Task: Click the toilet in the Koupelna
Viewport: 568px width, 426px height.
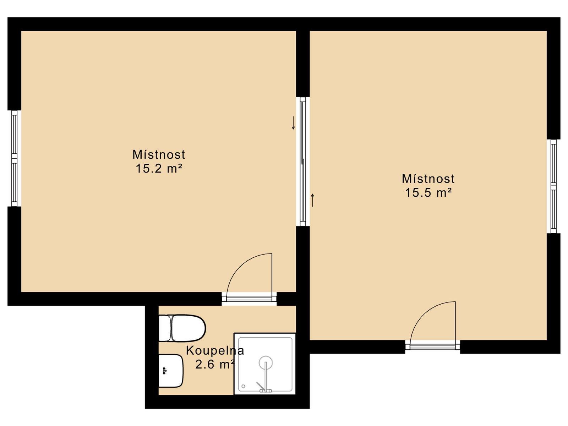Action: (x=182, y=328)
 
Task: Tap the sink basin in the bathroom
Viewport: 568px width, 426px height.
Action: (x=171, y=371)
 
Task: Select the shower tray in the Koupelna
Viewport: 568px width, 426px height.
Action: (x=265, y=364)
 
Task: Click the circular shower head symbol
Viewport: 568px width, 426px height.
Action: (x=266, y=362)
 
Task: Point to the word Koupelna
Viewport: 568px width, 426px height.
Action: (x=215, y=351)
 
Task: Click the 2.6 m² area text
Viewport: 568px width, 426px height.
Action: (x=215, y=365)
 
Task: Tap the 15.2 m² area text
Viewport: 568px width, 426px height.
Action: (x=159, y=169)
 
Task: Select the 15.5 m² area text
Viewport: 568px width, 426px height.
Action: (x=428, y=193)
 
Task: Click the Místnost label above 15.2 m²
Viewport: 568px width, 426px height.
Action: (x=159, y=154)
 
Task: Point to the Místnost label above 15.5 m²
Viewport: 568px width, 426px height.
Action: (x=428, y=179)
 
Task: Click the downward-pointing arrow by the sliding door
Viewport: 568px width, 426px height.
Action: (x=293, y=123)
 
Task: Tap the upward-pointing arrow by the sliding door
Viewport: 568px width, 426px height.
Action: (x=313, y=200)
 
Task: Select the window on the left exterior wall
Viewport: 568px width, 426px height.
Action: (x=14, y=159)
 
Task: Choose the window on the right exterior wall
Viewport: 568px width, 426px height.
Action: (x=553, y=186)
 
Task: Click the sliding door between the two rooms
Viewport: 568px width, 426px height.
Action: (x=303, y=162)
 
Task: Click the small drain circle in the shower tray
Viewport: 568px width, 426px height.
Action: (x=243, y=386)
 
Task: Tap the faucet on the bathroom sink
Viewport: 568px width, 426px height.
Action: (x=164, y=371)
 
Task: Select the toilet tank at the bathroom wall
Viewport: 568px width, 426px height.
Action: (x=165, y=328)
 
